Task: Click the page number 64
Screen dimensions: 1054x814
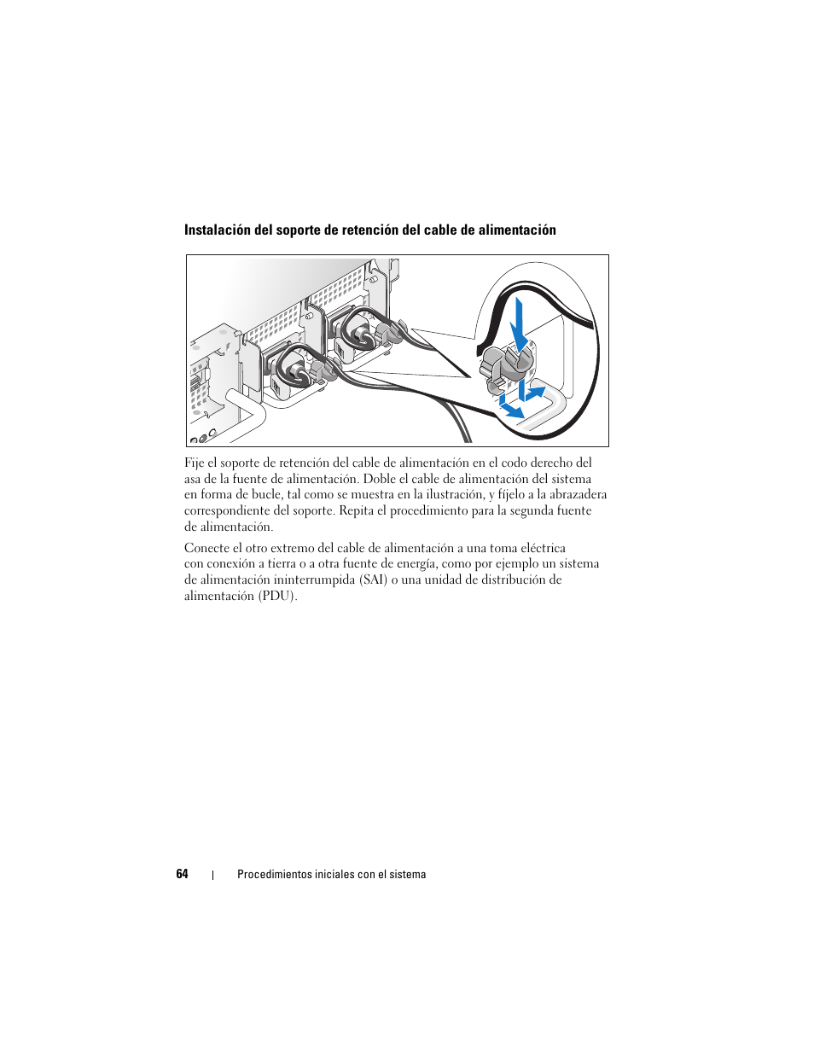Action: coord(182,874)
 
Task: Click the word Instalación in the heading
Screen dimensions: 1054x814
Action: coord(219,230)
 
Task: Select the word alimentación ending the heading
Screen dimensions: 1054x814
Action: coord(517,230)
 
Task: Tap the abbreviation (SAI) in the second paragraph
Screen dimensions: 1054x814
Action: coord(373,579)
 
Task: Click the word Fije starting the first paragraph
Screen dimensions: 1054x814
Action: coord(194,463)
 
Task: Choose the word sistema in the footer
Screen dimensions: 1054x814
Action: coord(407,875)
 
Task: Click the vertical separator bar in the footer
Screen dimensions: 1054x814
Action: coord(212,875)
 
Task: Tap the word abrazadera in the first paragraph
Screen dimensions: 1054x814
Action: coord(578,494)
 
